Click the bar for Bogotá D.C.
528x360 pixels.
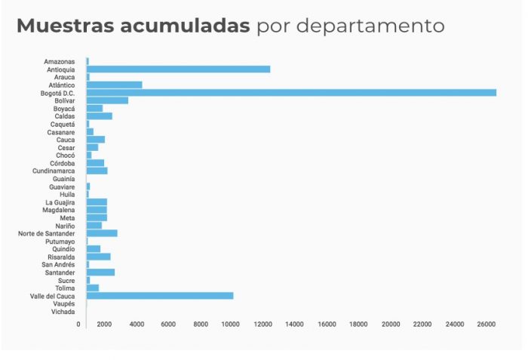291,92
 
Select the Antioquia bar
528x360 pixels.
178,69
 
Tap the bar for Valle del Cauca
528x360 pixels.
160,295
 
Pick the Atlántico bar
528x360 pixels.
114,85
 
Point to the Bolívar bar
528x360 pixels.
107,100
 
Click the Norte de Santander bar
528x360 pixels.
102,233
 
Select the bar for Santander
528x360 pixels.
100,272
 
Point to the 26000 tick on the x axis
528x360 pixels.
487,324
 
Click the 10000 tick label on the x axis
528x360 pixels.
231,324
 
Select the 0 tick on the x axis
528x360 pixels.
78,324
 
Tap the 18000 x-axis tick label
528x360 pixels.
358,324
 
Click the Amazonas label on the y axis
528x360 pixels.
60,61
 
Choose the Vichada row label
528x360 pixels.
63,311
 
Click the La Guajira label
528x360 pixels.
60,202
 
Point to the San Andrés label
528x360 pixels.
58,264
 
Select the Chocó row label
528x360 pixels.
66,155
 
